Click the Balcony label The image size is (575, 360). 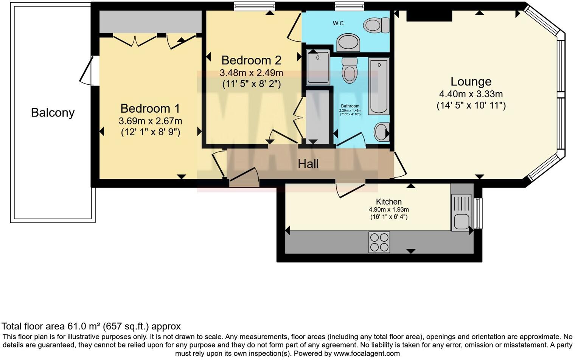click(x=53, y=113)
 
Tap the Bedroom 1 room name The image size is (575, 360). click(x=150, y=109)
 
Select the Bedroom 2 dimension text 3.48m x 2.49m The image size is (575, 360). click(x=251, y=73)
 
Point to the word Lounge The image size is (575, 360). click(x=471, y=82)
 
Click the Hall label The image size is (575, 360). click(x=308, y=164)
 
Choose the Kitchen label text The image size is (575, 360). click(x=389, y=202)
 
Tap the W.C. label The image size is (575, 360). click(x=339, y=23)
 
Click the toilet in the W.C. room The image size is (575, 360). click(x=376, y=26)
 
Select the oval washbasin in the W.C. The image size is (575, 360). click(x=348, y=42)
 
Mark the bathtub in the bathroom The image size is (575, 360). click(x=379, y=86)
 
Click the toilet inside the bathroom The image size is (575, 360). click(x=349, y=70)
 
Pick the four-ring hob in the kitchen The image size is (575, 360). click(x=379, y=242)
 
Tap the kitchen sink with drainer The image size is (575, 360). click(x=461, y=212)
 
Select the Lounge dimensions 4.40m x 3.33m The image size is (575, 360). click(x=471, y=94)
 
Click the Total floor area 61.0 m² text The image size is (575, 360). click(x=91, y=326)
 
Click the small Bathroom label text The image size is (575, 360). click(x=350, y=106)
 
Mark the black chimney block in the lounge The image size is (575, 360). click(x=429, y=16)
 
